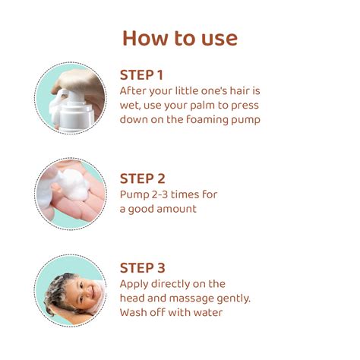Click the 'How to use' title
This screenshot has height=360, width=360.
[180, 38]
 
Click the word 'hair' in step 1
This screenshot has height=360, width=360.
[238, 90]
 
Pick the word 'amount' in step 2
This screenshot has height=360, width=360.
[175, 209]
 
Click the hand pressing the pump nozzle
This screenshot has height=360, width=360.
[80, 82]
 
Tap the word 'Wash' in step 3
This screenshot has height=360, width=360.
[134, 312]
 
